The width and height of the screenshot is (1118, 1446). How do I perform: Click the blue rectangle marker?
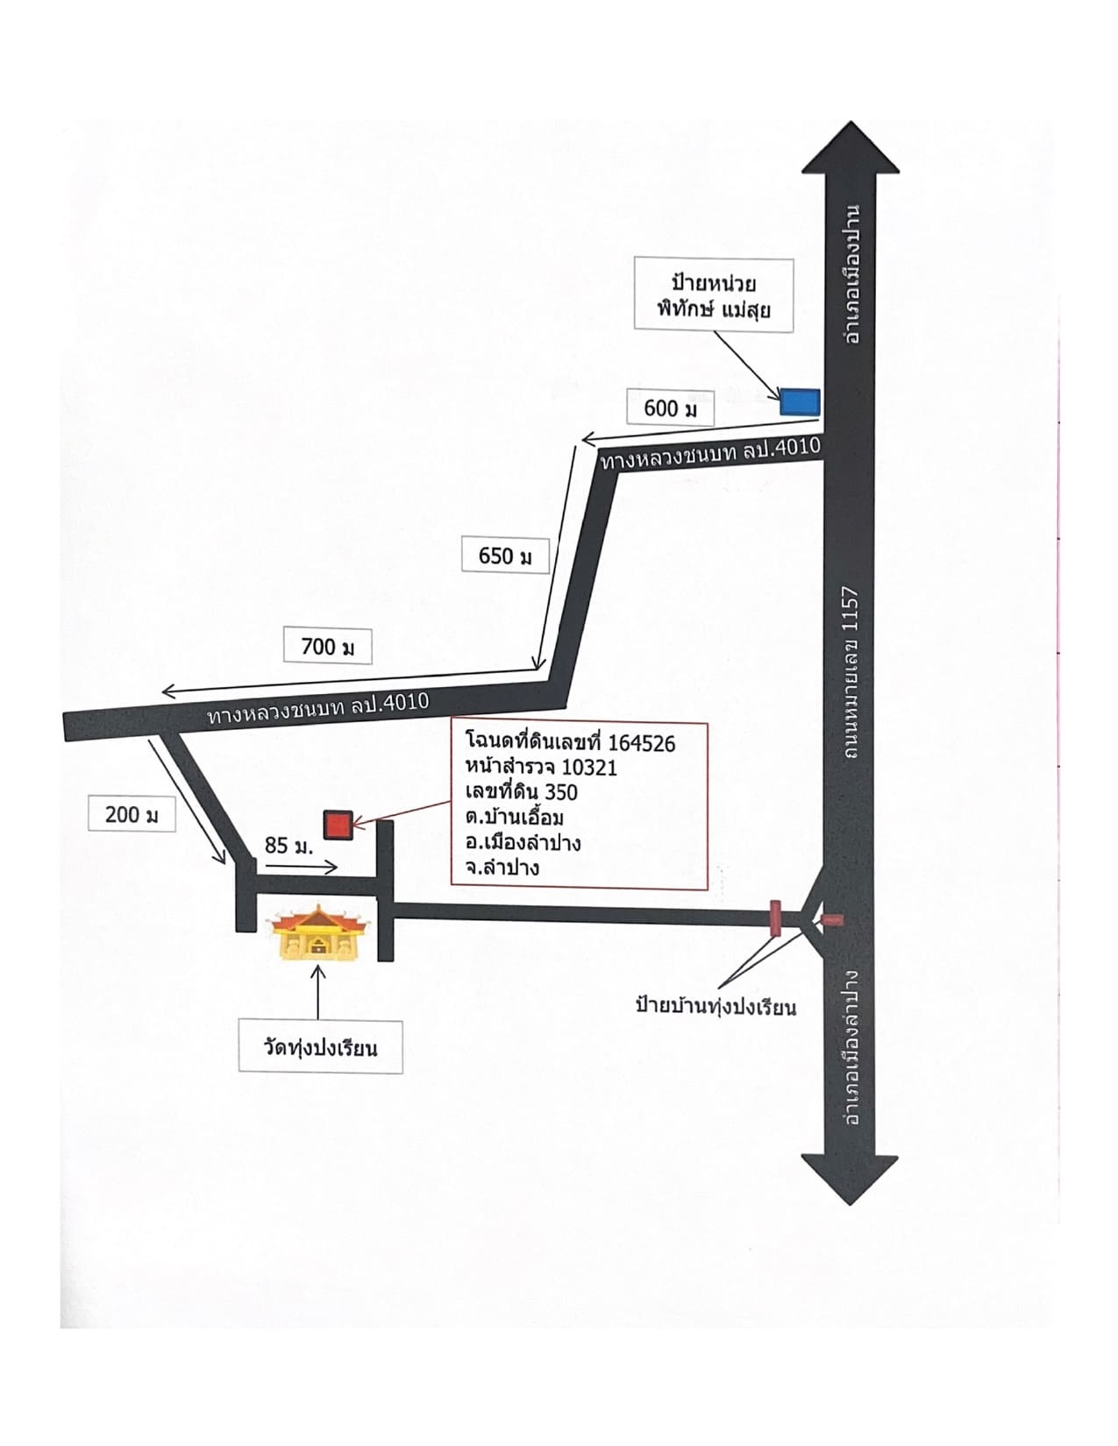(800, 402)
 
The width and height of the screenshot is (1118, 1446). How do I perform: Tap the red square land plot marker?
(338, 825)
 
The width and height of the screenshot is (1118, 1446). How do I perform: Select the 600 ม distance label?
(671, 408)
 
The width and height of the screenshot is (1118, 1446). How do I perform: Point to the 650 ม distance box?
(505, 556)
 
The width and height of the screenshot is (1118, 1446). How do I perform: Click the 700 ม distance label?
(328, 646)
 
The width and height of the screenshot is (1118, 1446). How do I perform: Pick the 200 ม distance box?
(132, 814)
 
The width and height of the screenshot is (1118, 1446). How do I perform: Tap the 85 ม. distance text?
(289, 845)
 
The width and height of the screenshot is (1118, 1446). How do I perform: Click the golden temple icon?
(317, 933)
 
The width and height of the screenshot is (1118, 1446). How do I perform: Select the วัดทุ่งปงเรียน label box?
(320, 1047)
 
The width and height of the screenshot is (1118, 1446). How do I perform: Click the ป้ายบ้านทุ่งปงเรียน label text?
(716, 1006)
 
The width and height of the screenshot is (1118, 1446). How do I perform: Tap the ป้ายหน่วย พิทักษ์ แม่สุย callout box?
(714, 294)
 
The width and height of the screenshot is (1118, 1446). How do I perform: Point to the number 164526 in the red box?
(642, 742)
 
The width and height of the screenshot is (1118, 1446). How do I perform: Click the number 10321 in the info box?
(589, 767)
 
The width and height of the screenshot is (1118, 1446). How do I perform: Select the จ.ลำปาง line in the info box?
(502, 867)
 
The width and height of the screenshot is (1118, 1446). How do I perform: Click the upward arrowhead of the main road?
(851, 147)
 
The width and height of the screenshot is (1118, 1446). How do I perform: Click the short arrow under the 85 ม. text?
(302, 867)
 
